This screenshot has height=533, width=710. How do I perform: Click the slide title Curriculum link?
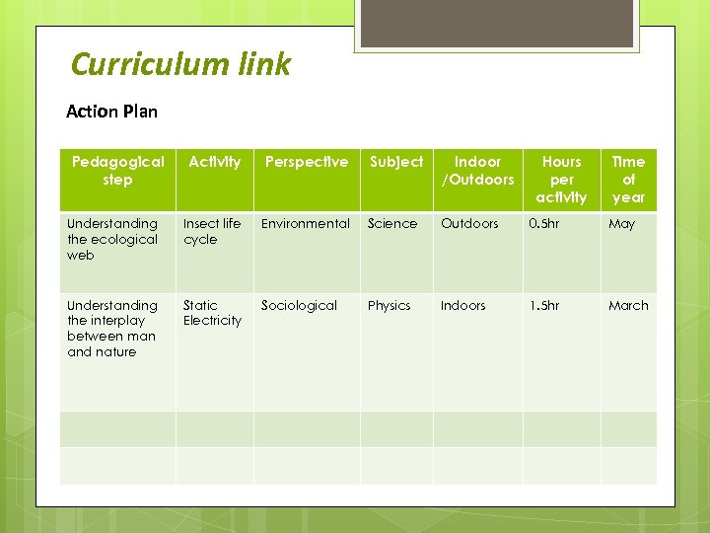[x=180, y=65]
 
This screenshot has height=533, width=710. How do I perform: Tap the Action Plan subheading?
[x=111, y=111]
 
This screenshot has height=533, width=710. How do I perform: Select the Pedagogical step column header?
[x=117, y=171]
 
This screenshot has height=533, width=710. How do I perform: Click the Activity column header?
[x=214, y=162]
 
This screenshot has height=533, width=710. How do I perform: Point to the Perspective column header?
[x=306, y=162]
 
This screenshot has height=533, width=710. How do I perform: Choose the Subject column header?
[x=395, y=162]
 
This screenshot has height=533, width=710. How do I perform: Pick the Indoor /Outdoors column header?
[x=477, y=171]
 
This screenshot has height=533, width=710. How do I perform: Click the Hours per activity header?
[x=561, y=179]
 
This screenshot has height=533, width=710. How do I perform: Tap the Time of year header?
[x=628, y=179]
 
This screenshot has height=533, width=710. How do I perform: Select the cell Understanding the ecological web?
[x=112, y=239]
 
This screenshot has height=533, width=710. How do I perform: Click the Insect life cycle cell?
[x=211, y=231]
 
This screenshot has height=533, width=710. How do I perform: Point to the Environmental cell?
[x=305, y=224]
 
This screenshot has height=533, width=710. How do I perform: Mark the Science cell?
[x=392, y=224]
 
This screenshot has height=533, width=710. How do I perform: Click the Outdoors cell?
[x=469, y=224]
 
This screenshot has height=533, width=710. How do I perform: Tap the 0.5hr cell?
[x=543, y=224]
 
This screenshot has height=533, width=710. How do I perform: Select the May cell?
[x=621, y=224]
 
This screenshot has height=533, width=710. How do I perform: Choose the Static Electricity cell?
[x=211, y=313]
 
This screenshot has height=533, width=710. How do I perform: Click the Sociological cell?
[x=299, y=306]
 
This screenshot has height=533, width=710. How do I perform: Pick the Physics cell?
[x=389, y=306]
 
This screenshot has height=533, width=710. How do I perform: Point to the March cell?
[x=628, y=306]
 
